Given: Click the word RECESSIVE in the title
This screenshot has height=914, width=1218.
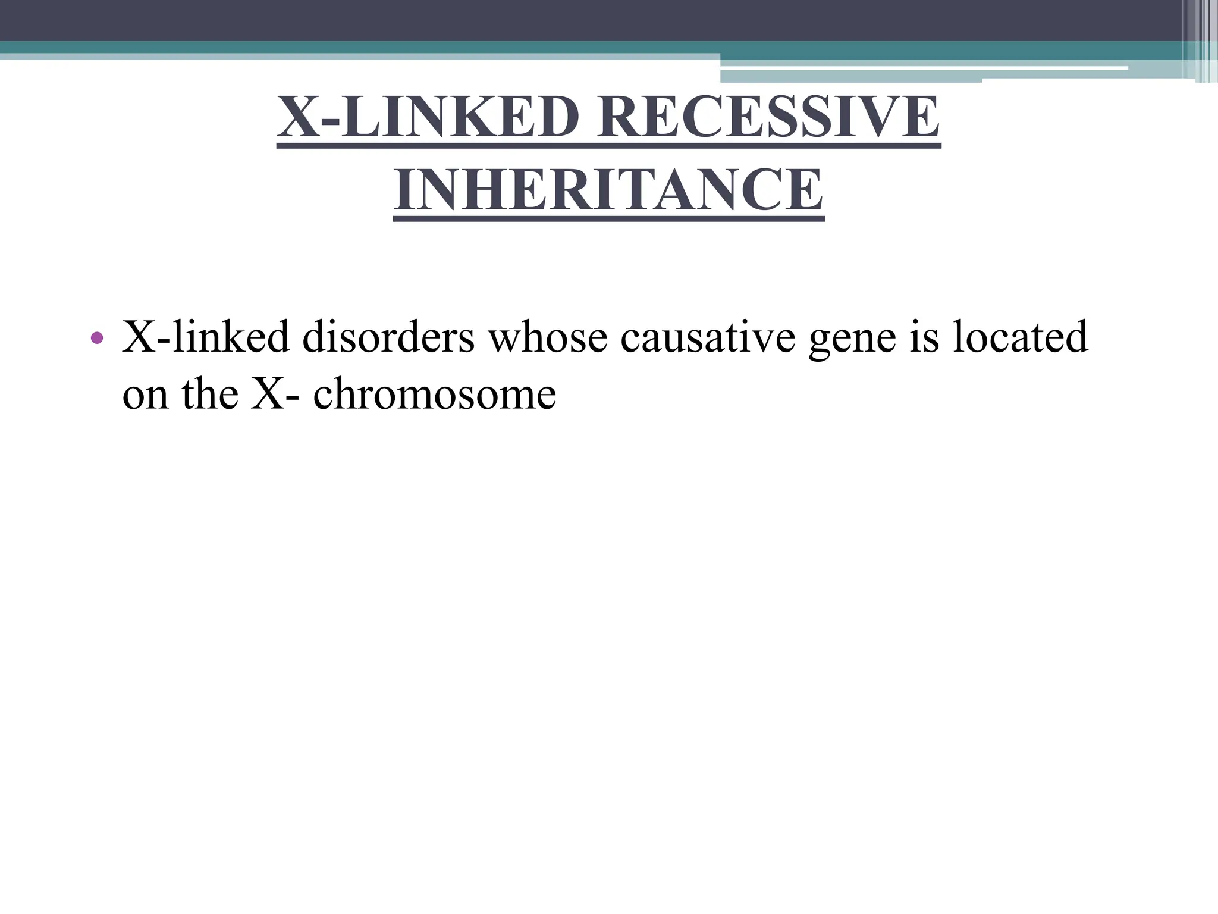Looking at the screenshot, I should (x=768, y=117).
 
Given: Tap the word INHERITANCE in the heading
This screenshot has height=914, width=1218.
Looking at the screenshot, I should (x=608, y=190).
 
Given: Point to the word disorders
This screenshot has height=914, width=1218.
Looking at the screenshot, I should (x=388, y=337).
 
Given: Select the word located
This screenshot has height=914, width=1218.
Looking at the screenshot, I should (x=1021, y=337).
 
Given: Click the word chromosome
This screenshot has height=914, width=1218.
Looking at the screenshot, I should (x=434, y=394).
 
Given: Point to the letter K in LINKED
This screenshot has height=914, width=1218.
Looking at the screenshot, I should (x=475, y=117).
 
